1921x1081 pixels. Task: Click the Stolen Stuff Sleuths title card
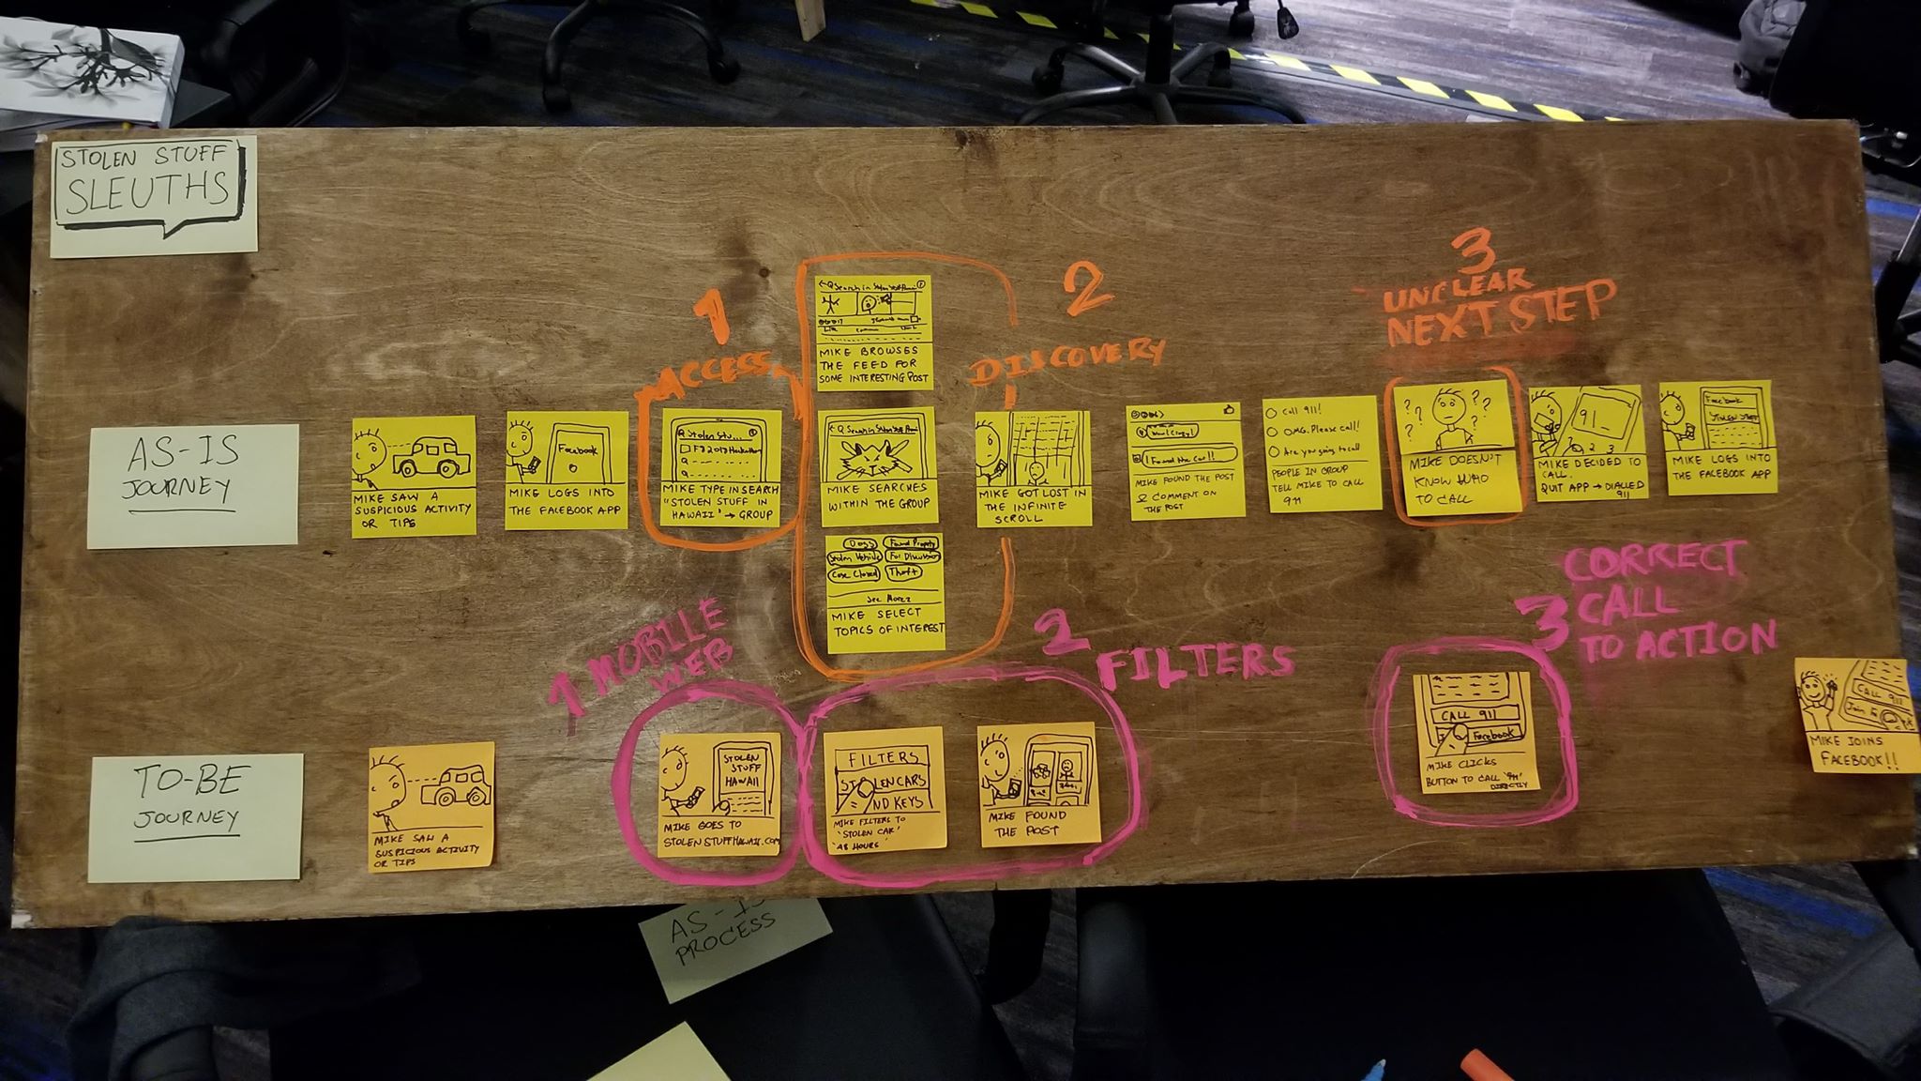pos(153,195)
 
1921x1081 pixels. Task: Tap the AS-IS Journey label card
pos(192,485)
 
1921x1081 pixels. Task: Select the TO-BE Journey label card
pos(195,817)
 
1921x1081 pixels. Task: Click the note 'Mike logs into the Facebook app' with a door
pos(567,470)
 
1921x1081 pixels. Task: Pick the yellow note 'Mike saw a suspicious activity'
pos(413,477)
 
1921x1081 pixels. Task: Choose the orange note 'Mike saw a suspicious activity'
pos(431,806)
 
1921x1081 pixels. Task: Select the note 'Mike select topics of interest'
pos(885,591)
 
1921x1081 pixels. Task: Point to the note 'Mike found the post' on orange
pos(1036,784)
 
